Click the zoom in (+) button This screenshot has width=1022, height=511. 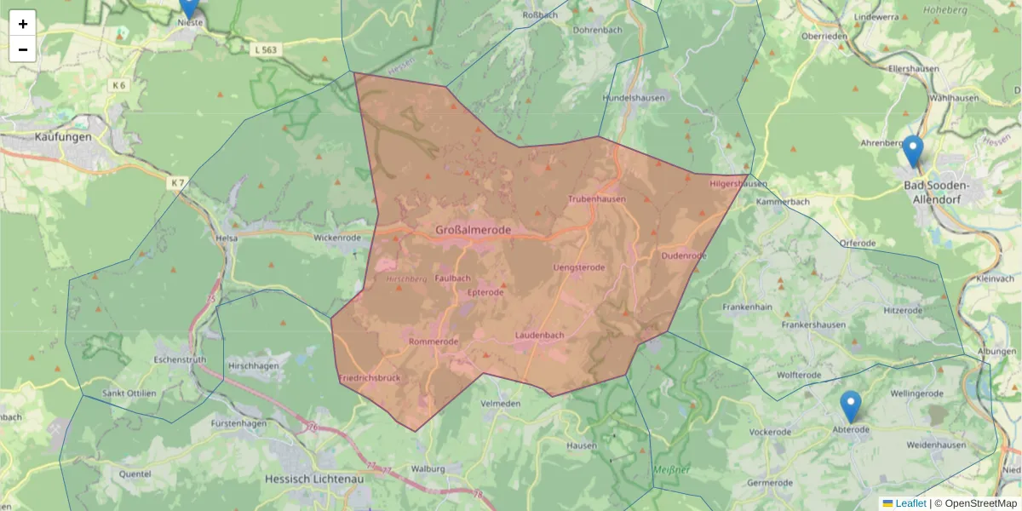click(x=23, y=24)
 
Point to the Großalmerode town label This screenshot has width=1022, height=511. click(x=473, y=230)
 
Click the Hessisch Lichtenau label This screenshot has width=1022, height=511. click(x=314, y=479)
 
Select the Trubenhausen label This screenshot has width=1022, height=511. click(x=596, y=199)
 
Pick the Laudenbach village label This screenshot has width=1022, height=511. click(x=539, y=336)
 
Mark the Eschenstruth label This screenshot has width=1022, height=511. click(x=181, y=360)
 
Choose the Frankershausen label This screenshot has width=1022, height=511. click(x=817, y=325)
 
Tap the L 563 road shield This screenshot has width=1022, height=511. click(x=266, y=50)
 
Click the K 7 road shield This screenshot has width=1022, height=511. click(x=177, y=183)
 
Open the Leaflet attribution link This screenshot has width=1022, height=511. click(x=910, y=503)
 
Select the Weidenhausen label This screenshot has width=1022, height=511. click(x=936, y=445)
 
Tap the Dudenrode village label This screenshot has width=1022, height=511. click(x=684, y=255)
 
